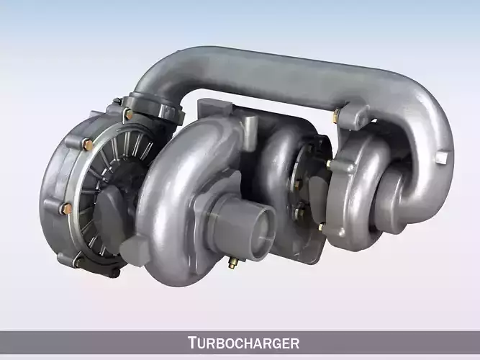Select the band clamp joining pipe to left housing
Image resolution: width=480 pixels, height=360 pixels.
154,107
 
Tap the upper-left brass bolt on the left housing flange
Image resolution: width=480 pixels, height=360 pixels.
88,143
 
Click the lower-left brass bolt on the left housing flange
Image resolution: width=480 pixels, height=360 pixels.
67,209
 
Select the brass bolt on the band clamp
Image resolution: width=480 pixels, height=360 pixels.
128,114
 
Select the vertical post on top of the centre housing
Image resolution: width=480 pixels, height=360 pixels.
248,130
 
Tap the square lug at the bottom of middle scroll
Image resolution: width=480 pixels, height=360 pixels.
133,253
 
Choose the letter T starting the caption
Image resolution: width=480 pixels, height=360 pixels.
192,343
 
